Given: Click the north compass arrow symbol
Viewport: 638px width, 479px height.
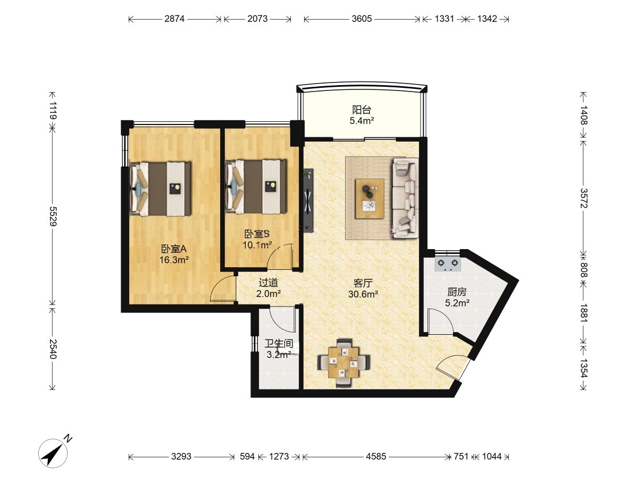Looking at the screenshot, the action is pyautogui.click(x=53, y=453).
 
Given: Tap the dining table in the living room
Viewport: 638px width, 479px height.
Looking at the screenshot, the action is pyautogui.click(x=343, y=362).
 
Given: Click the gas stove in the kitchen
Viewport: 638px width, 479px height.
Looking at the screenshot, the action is pyautogui.click(x=448, y=264).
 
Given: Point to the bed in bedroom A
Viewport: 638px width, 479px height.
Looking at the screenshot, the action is pyautogui.click(x=160, y=189).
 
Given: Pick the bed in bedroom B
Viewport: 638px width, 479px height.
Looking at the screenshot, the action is pyautogui.click(x=256, y=186).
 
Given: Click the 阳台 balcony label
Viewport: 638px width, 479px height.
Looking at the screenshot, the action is pyautogui.click(x=362, y=110).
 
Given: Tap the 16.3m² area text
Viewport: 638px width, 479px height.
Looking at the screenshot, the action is pyautogui.click(x=174, y=259).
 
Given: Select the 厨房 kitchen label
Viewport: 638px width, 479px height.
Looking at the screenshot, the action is pyautogui.click(x=457, y=292).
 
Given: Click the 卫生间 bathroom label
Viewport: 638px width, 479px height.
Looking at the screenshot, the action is pyautogui.click(x=279, y=343).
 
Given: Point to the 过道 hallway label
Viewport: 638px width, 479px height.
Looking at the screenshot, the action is pyautogui.click(x=268, y=283).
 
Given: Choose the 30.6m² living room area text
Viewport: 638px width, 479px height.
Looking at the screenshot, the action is pyautogui.click(x=363, y=294).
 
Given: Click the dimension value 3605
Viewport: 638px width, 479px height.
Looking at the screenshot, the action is pyautogui.click(x=362, y=19).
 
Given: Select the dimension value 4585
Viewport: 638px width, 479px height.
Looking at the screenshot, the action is pyautogui.click(x=376, y=456).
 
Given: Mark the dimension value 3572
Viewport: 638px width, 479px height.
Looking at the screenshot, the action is pyautogui.click(x=584, y=198).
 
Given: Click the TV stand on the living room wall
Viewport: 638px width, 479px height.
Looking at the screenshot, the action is pyautogui.click(x=308, y=201).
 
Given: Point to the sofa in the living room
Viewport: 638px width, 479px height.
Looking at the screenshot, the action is pyautogui.click(x=406, y=198).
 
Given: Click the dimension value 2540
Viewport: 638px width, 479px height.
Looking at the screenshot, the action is pyautogui.click(x=53, y=349).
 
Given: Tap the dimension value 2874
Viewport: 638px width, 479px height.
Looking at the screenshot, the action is pyautogui.click(x=174, y=19).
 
